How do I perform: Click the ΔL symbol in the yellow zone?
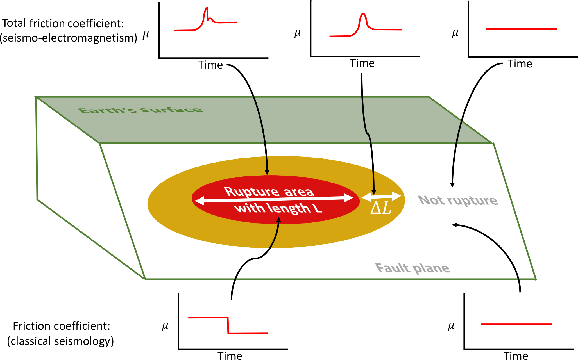[381, 208]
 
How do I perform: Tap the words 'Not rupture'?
[458, 200]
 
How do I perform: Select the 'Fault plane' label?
[412, 268]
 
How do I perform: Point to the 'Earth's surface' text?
[140, 110]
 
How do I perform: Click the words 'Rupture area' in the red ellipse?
[269, 192]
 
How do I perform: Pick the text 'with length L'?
[278, 208]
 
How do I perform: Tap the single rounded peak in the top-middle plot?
[363, 17]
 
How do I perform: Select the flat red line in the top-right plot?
[521, 29]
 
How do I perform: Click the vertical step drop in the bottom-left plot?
[228, 325]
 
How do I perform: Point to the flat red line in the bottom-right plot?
[516, 324]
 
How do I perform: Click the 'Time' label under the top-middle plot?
[362, 63]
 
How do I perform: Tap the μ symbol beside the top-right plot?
[455, 33]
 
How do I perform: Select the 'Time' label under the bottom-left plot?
[230, 356]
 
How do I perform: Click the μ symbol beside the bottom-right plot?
[451, 326]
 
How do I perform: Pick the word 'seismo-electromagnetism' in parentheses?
[69, 38]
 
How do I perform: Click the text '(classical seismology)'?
[60, 341]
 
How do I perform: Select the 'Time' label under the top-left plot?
[210, 65]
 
